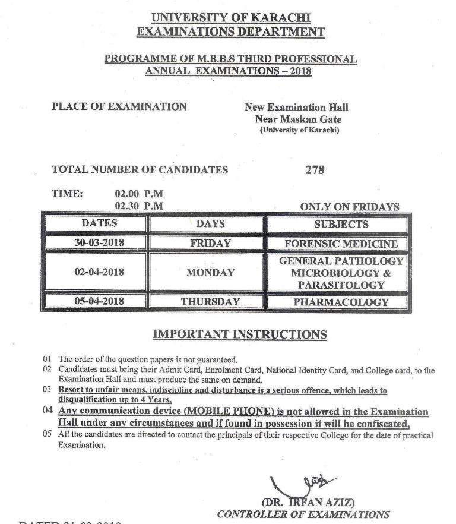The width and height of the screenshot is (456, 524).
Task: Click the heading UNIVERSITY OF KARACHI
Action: coord(231,18)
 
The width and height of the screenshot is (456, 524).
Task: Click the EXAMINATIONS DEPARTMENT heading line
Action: coord(231,31)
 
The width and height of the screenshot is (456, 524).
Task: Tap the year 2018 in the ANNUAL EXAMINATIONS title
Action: coord(298,71)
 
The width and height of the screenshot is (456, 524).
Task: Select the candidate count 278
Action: coord(315,170)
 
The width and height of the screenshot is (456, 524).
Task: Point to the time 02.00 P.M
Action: coord(139,194)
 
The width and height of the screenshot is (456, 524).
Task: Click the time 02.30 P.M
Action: coord(139,206)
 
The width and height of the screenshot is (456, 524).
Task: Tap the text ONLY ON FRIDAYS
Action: coord(349,207)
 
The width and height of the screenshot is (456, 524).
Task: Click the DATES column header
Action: coord(99,223)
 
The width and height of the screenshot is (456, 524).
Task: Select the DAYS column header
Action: coord(210,224)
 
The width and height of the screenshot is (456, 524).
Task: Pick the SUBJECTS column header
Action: coord(341,224)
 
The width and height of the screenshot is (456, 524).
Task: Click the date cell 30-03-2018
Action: coord(99,242)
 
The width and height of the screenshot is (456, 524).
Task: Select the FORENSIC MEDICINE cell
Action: coord(341,244)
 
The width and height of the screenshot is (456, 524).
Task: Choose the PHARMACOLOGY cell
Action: coord(341,302)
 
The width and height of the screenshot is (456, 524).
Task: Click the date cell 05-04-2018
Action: coord(99,301)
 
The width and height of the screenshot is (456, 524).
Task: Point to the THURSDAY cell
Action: coord(210,302)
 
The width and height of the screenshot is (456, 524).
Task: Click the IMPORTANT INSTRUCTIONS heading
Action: coord(240,334)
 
